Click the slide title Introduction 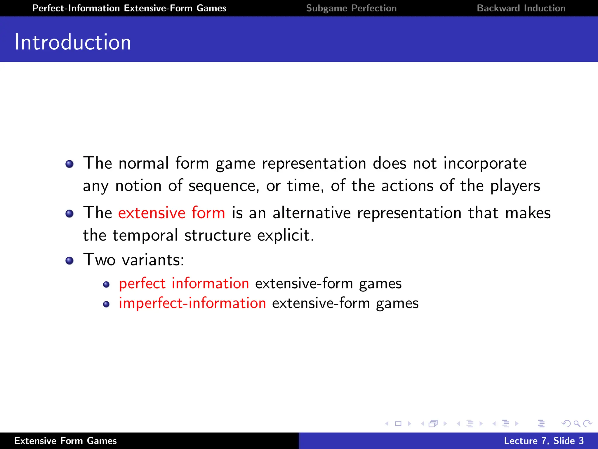click(x=73, y=42)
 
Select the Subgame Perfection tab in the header click(x=351, y=8)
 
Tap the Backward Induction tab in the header click(x=521, y=8)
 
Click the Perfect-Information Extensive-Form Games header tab click(x=129, y=8)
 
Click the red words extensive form click(x=171, y=213)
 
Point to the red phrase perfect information click(x=184, y=283)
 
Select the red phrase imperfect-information click(x=192, y=303)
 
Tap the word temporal click(x=145, y=235)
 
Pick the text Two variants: click(x=134, y=259)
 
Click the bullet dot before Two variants click(x=69, y=260)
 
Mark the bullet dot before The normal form click(x=69, y=164)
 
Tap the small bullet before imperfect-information click(x=106, y=304)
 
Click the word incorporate click(x=485, y=163)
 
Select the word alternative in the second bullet click(x=311, y=213)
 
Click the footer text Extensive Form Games click(x=65, y=441)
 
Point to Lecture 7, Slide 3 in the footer click(x=544, y=441)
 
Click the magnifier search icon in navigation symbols click(x=577, y=424)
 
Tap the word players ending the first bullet click(x=515, y=186)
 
